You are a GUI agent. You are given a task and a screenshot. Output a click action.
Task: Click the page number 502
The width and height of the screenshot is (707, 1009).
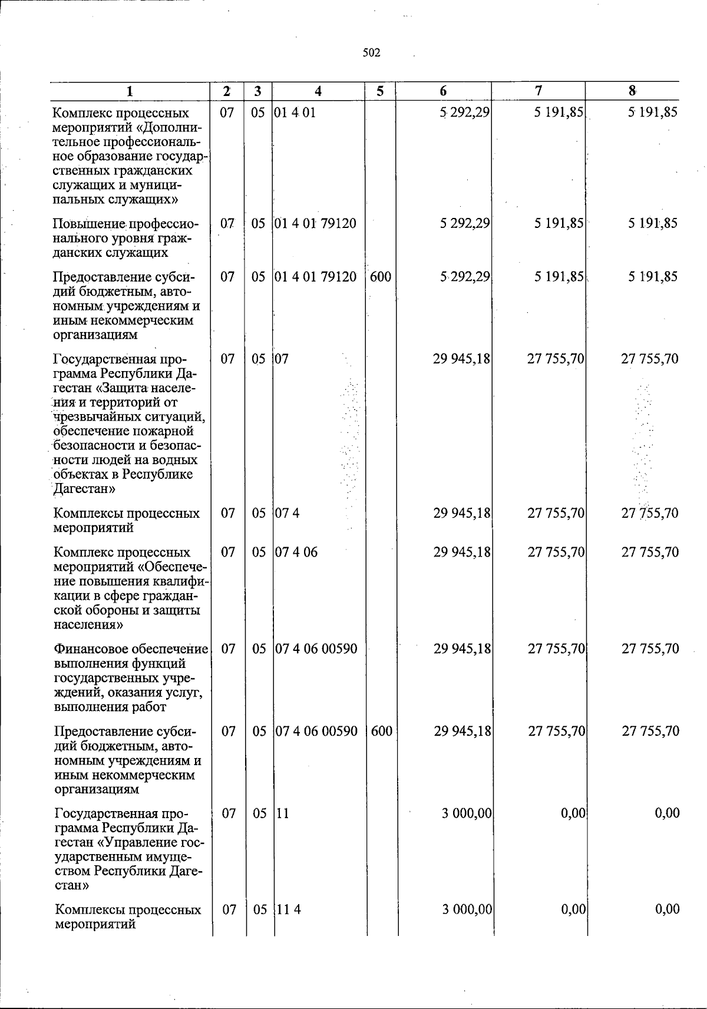point(371,53)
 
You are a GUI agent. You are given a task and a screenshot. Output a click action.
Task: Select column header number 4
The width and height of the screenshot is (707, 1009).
point(318,91)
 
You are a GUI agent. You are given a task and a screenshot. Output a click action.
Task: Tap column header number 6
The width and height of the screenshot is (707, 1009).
point(443,91)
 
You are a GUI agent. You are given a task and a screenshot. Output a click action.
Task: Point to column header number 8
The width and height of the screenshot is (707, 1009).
point(632,91)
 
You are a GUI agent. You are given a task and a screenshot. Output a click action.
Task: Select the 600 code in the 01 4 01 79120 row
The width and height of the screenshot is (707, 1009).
point(381,276)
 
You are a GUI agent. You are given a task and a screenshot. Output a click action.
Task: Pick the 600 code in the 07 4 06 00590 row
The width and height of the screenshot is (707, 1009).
point(382,731)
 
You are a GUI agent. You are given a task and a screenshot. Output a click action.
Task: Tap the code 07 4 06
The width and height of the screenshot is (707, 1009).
point(297,552)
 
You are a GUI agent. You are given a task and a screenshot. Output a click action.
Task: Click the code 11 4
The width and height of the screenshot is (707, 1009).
point(289,909)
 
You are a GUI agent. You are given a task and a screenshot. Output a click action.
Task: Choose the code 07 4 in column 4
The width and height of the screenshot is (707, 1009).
point(288,513)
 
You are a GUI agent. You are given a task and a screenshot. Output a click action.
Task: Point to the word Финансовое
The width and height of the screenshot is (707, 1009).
point(90,649)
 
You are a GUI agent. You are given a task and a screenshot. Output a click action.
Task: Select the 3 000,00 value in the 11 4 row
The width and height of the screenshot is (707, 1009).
point(467,909)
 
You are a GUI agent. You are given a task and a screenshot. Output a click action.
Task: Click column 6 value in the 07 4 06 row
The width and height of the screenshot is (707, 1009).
point(462,552)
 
